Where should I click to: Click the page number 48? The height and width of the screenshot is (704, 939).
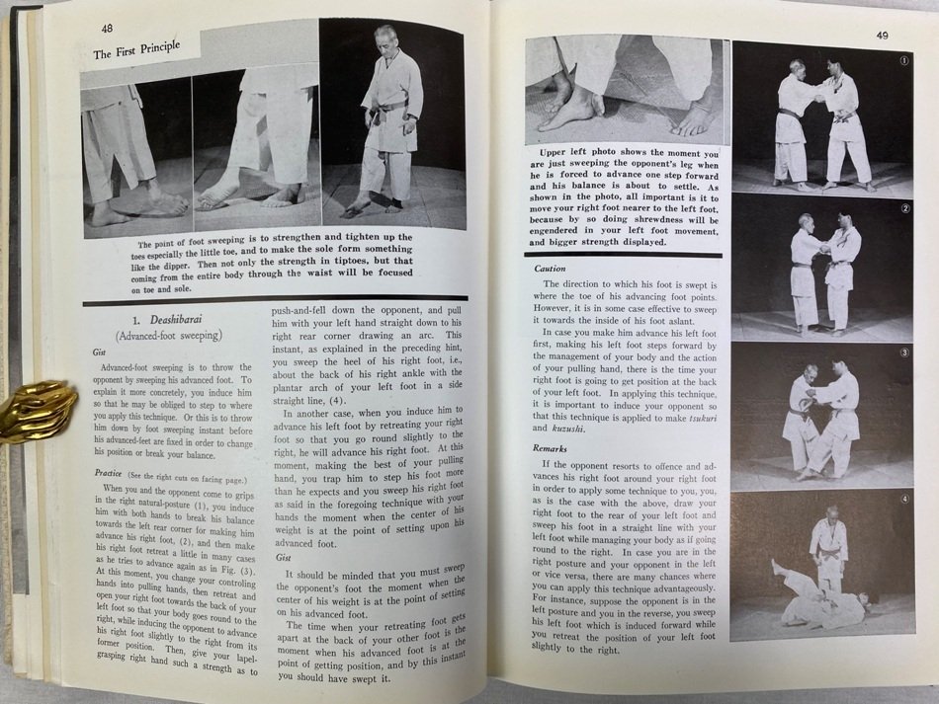tap(107, 30)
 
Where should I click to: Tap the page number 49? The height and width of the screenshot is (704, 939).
tap(884, 36)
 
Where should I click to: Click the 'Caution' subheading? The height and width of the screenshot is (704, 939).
tap(551, 269)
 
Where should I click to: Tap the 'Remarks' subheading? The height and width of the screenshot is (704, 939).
tap(550, 448)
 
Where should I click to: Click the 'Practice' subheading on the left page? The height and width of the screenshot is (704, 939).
tap(107, 472)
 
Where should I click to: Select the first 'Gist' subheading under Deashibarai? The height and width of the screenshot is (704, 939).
tap(99, 351)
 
